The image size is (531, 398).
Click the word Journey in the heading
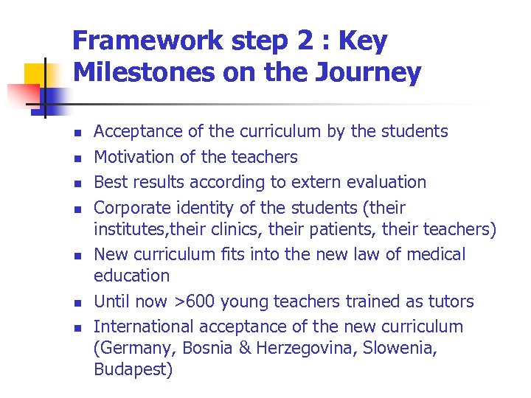(373, 73)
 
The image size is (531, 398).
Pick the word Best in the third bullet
(108, 182)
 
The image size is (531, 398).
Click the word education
(131, 276)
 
